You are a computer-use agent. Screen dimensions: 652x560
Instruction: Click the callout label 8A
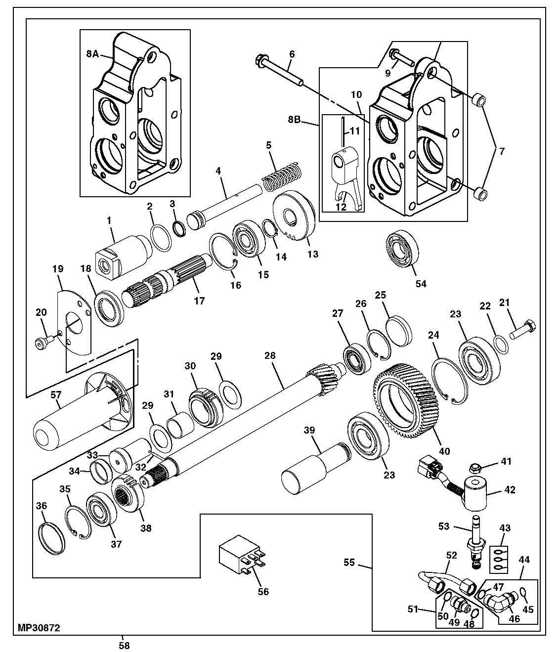tap(92, 54)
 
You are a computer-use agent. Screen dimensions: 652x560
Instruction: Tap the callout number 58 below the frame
tap(125, 646)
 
